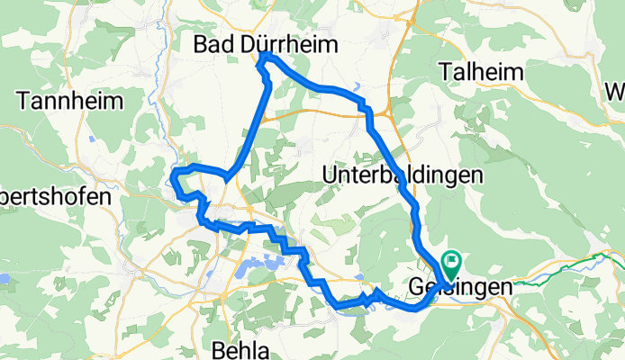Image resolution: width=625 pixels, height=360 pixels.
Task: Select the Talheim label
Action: click(x=480, y=71)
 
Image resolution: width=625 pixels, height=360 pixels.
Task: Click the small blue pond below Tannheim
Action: click(x=94, y=139)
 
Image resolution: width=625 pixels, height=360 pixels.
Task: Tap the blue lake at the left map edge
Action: click(x=5, y=279)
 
